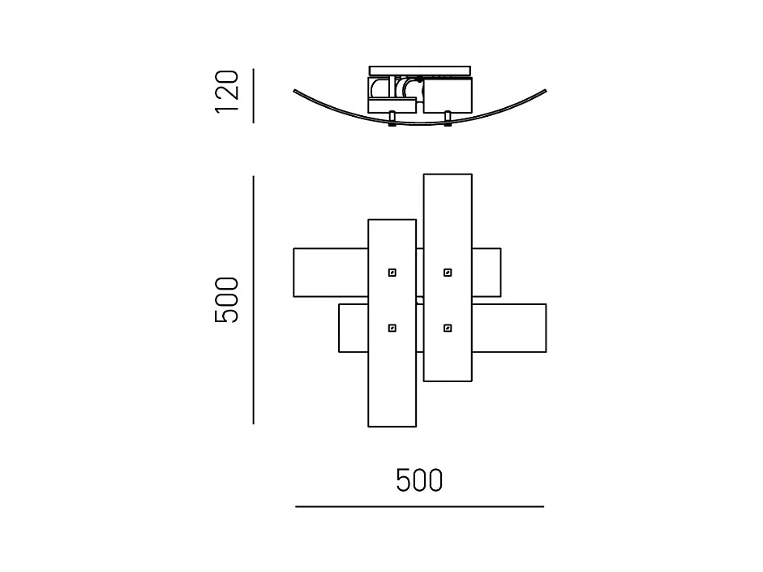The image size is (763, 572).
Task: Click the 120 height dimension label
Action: click(x=227, y=92)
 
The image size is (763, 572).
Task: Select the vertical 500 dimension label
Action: click(x=227, y=300)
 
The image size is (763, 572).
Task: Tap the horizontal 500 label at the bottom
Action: click(x=419, y=480)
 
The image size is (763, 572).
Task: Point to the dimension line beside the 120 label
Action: click(x=254, y=96)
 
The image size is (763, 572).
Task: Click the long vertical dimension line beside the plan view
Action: click(x=254, y=300)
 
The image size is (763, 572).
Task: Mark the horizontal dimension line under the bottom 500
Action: click(x=419, y=507)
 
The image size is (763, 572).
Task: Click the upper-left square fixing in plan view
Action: click(x=392, y=273)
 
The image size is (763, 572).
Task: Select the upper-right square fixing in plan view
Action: click(x=448, y=273)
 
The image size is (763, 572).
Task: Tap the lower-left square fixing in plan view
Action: click(x=392, y=328)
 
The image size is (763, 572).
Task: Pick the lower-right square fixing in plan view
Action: click(x=448, y=328)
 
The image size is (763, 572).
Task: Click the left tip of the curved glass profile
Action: click(x=294, y=91)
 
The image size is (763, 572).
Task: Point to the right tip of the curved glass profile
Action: click(x=546, y=91)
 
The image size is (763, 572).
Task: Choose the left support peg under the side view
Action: click(x=392, y=118)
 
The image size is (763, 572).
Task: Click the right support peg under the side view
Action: click(x=448, y=118)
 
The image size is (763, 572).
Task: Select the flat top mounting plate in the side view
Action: click(x=420, y=71)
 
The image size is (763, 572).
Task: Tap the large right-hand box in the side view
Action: click(x=448, y=96)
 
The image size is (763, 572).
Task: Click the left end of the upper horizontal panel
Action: click(x=294, y=273)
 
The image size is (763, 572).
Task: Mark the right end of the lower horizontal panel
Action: click(x=546, y=328)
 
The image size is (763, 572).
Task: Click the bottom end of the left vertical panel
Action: click(x=392, y=427)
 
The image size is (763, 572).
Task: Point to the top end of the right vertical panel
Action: click(x=448, y=174)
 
